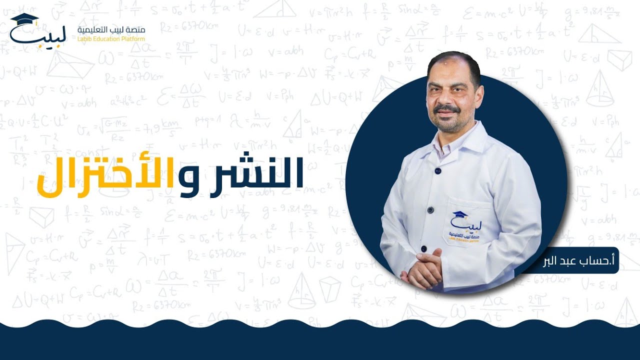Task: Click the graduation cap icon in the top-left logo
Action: [24, 20]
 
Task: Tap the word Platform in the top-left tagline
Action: [131, 39]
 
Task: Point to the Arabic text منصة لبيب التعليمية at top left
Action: [111, 30]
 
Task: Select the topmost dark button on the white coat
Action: [438, 171]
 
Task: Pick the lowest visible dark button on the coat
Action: [424, 248]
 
